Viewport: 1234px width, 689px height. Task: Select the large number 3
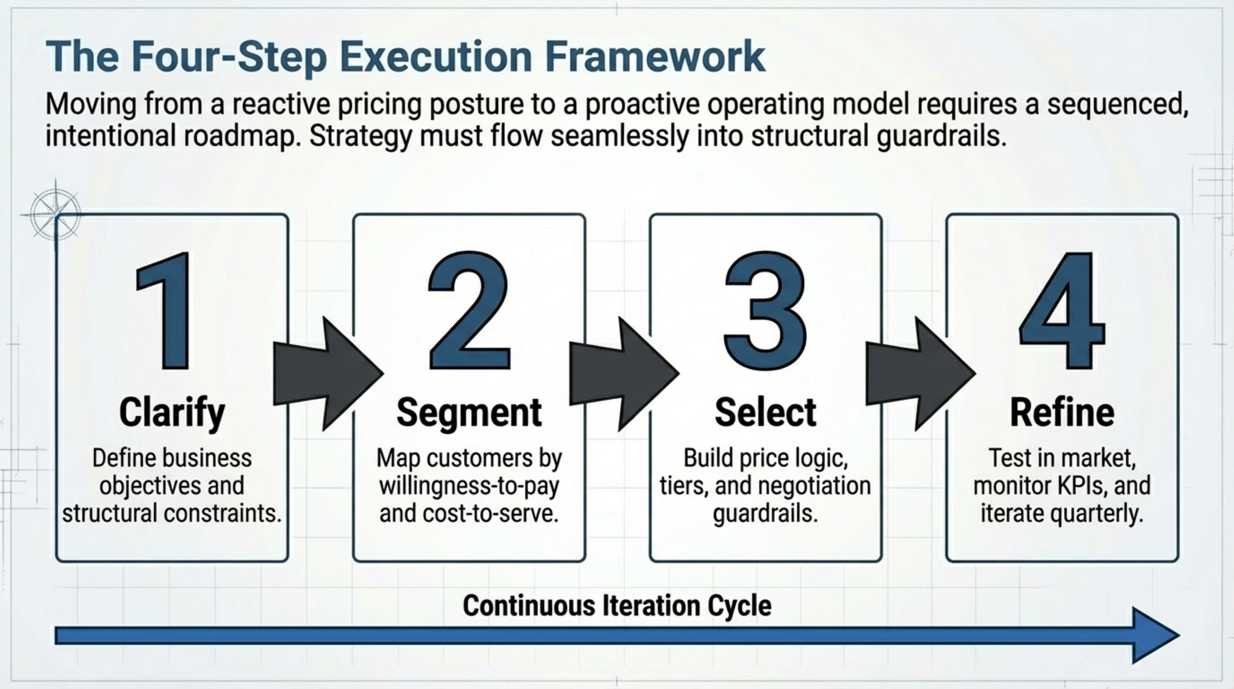click(765, 312)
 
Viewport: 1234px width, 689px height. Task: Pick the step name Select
click(765, 412)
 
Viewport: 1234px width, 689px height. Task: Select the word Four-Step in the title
click(229, 57)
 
